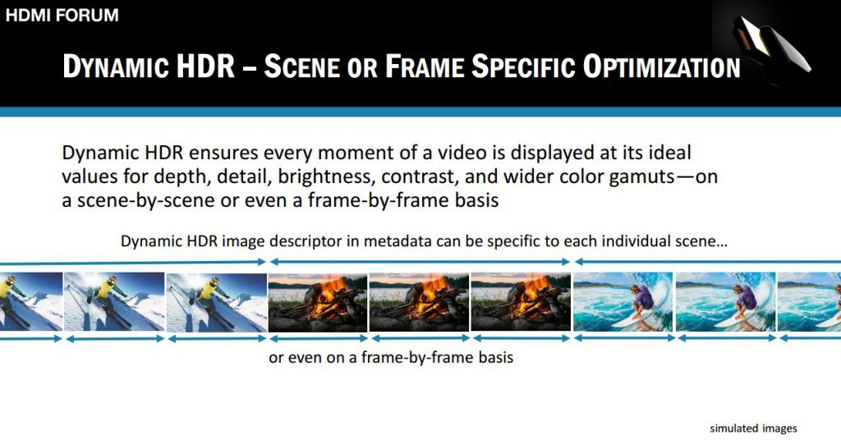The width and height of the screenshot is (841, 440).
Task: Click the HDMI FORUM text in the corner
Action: [x=62, y=15]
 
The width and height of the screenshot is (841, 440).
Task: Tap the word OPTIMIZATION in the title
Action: [x=661, y=67]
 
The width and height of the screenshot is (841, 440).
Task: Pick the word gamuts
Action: [x=641, y=177]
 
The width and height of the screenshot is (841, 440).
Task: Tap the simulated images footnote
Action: [x=753, y=429]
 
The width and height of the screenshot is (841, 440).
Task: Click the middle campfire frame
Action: [x=420, y=302]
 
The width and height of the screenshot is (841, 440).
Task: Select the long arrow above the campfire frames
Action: [x=420, y=262]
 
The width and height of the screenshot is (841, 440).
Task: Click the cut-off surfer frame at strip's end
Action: [x=809, y=302]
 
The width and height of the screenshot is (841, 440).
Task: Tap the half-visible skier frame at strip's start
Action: [x=31, y=302]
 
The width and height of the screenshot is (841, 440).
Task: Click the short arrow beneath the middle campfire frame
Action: [x=420, y=339]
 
